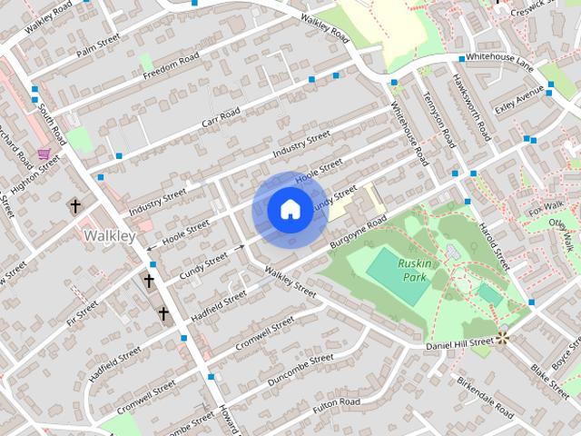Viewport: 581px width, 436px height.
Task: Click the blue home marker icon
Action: click(289, 209)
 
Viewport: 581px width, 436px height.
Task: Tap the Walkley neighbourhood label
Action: click(109, 236)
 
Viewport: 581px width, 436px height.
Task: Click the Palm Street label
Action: click(98, 43)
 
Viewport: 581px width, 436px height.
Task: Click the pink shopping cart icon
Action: click(44, 154)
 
